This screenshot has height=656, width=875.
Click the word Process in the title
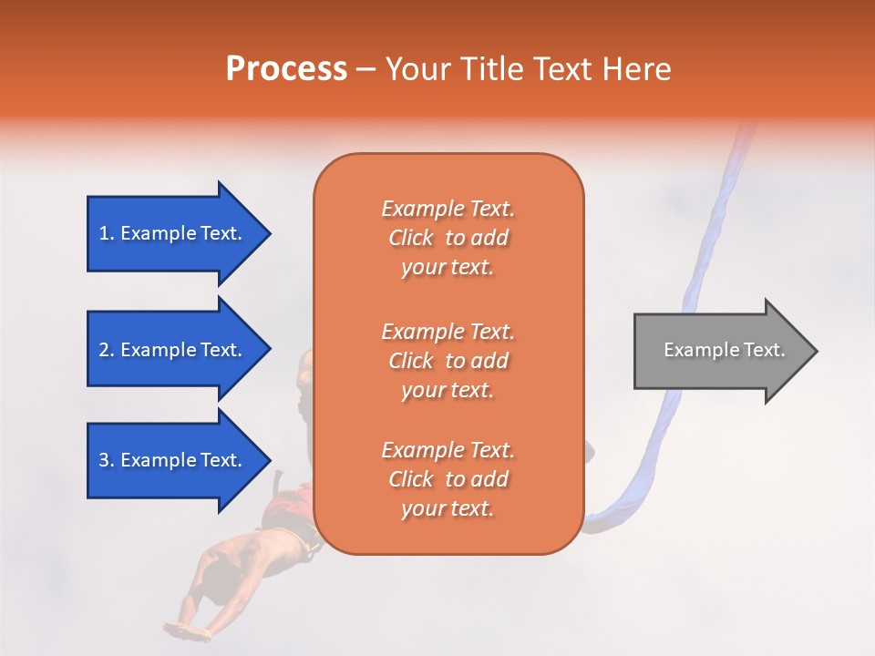pyautogui.click(x=286, y=69)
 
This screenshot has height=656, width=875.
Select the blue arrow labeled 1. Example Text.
pyautogui.click(x=173, y=233)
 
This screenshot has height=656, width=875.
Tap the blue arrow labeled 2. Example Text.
pyautogui.click(x=173, y=350)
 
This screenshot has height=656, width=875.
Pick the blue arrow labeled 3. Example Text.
pyautogui.click(x=173, y=460)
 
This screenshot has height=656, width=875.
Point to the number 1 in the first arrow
pyautogui.click(x=105, y=233)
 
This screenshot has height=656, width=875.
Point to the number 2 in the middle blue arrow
pyautogui.click(x=105, y=350)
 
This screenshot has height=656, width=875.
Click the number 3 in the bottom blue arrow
pyautogui.click(x=105, y=460)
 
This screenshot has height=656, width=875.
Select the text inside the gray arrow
pyautogui.click(x=724, y=350)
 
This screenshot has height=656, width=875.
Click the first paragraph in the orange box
pyautogui.click(x=448, y=238)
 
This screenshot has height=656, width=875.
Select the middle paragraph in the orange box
pyautogui.click(x=448, y=360)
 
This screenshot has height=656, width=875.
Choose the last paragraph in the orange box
pyautogui.click(x=448, y=479)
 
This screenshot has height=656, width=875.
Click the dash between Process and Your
pyautogui.click(x=365, y=70)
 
